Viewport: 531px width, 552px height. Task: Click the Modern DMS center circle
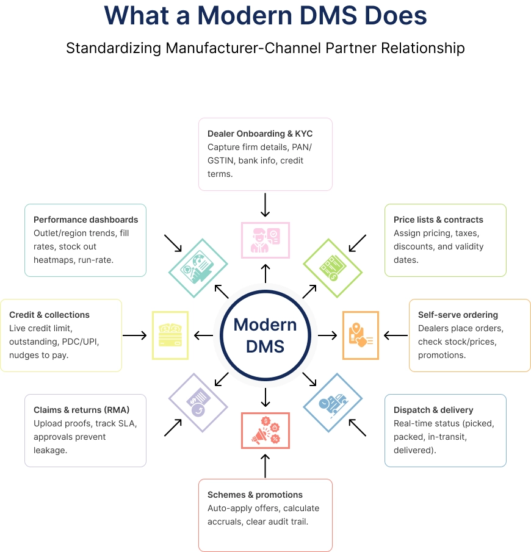pyautogui.click(x=265, y=335)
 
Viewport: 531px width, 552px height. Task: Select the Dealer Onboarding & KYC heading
pyautogui.click(x=260, y=134)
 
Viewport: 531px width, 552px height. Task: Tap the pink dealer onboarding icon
pyautogui.click(x=265, y=240)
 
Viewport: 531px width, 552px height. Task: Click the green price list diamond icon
pyautogui.click(x=333, y=268)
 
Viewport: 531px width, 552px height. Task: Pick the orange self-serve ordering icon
pyautogui.click(x=360, y=335)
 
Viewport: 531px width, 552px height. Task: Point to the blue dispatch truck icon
pyautogui.click(x=333, y=403)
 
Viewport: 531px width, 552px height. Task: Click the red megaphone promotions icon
pyautogui.click(x=265, y=431)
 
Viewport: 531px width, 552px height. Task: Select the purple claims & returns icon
pyautogui.click(x=198, y=403)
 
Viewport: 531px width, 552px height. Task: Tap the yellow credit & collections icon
pyautogui.click(x=170, y=335)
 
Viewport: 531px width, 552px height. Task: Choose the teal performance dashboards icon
pyautogui.click(x=198, y=268)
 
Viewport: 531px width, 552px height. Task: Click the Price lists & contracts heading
pyautogui.click(x=438, y=220)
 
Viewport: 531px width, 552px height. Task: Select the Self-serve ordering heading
pyautogui.click(x=458, y=315)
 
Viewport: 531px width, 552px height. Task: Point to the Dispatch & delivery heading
pyautogui.click(x=433, y=410)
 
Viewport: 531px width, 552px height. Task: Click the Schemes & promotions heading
pyautogui.click(x=255, y=495)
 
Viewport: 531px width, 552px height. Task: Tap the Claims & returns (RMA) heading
pyautogui.click(x=82, y=410)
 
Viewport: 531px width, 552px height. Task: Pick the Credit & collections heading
pyautogui.click(x=49, y=315)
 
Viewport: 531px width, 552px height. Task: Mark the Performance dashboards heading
pyautogui.click(x=86, y=220)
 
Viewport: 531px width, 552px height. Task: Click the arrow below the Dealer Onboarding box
pyautogui.click(x=265, y=206)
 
